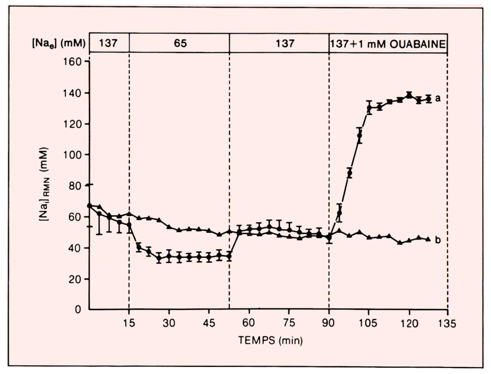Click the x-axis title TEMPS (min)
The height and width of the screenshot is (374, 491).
tap(270, 340)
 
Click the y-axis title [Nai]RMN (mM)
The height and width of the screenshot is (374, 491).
tap(44, 185)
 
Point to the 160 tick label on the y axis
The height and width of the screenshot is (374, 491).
tap(72, 62)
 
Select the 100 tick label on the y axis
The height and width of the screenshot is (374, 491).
tap(72, 155)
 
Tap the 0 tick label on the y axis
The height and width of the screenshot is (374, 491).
tap(78, 309)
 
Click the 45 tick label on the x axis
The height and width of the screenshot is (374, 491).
tap(209, 323)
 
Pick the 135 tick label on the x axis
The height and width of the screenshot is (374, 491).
tap(447, 324)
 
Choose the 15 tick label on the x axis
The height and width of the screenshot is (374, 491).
tap(129, 323)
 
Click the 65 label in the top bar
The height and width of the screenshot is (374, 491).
tap(180, 43)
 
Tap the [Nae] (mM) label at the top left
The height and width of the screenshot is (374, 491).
tap(58, 43)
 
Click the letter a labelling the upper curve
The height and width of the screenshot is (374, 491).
tap(438, 98)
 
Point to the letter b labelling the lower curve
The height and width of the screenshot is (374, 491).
tap(438, 240)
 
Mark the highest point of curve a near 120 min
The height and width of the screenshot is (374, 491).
tap(409, 95)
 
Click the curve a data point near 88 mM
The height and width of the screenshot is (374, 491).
tap(349, 173)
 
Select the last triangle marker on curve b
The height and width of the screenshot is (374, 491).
tap(428, 239)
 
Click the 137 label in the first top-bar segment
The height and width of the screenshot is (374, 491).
tap(108, 43)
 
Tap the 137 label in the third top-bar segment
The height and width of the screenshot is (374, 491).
tap(285, 43)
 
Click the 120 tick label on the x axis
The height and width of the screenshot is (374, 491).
tap(409, 324)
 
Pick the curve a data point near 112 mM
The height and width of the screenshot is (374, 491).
tap(360, 136)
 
